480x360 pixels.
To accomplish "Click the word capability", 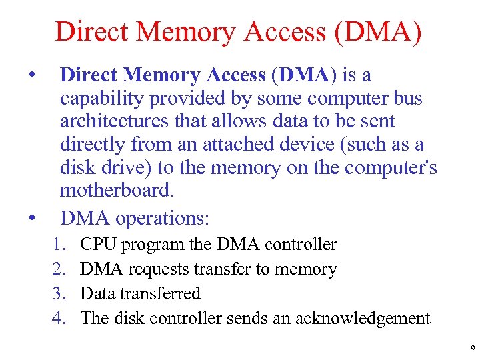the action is [x=102, y=99].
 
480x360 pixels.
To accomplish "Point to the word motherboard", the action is [x=116, y=190].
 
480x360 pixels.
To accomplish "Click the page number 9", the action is [x=471, y=348].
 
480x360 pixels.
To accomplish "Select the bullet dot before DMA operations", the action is [x=31, y=216].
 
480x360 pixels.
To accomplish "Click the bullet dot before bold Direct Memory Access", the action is [x=31, y=73].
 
